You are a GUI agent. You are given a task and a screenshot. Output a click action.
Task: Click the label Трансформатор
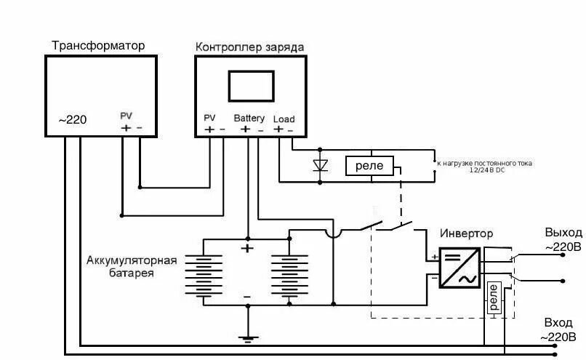coord(98,45)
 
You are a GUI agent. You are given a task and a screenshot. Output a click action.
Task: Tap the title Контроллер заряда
coord(249,47)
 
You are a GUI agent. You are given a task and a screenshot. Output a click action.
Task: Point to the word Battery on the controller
coord(249,118)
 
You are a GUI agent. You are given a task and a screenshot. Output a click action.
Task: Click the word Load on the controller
coord(284,119)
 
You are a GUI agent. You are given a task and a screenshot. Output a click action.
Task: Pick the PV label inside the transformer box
coord(127,116)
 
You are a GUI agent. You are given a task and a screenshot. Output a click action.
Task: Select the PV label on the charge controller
coord(210,118)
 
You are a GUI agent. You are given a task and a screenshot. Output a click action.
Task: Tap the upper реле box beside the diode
coord(370,166)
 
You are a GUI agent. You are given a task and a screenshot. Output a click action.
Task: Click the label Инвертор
coord(466,234)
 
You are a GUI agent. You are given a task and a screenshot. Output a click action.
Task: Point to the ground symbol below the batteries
coord(248,337)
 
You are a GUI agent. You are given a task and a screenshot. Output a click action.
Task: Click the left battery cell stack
coord(203,274)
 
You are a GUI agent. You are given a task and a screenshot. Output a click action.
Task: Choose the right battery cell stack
coord(289,274)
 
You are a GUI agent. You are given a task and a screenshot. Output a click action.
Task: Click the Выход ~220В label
coord(563,239)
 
